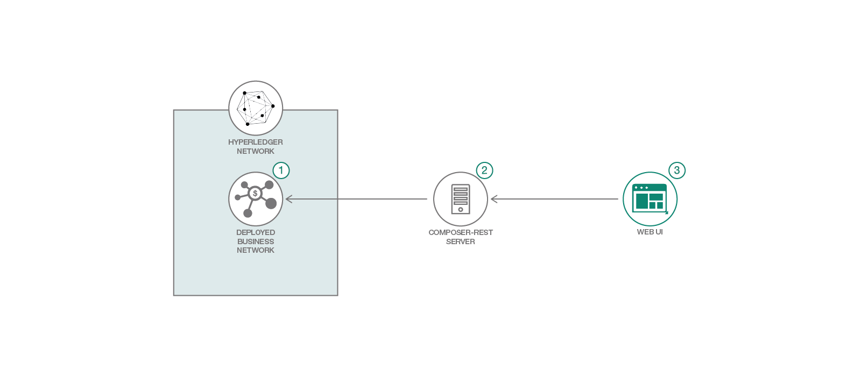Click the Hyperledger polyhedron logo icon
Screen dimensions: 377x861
point(256,108)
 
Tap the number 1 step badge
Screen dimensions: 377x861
point(281,170)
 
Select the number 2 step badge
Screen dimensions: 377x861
point(484,170)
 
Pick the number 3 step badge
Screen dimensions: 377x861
point(677,170)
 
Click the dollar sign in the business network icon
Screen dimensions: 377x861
point(255,194)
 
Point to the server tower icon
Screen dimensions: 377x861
point(461,198)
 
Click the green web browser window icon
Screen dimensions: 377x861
point(650,198)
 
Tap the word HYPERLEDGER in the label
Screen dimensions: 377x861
point(256,142)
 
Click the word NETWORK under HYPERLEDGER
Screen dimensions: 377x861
point(256,151)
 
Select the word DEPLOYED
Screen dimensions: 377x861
point(256,232)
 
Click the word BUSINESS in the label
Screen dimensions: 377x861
point(256,241)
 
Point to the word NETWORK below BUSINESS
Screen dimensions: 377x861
point(256,250)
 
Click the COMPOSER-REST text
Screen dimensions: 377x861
point(461,232)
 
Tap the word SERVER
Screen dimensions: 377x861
point(461,241)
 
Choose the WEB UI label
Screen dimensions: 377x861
point(650,232)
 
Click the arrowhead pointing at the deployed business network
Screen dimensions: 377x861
point(288,199)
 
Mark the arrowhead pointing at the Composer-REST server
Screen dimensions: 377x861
point(494,199)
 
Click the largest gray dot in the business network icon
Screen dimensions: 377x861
point(271,203)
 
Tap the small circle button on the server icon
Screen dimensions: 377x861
point(461,209)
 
